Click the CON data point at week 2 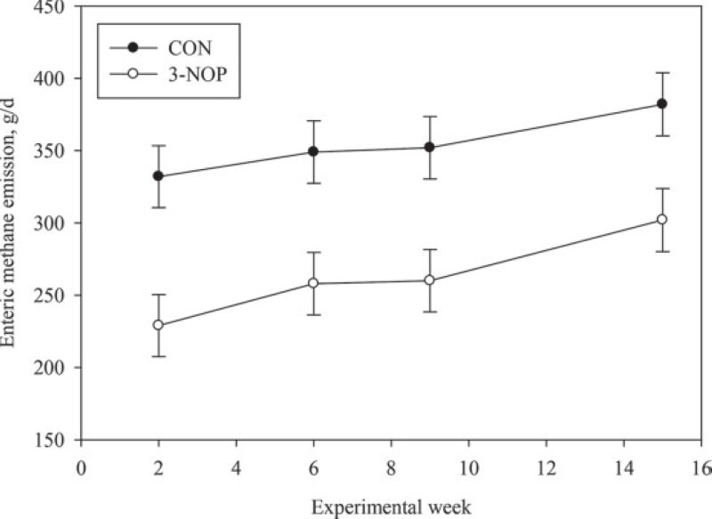(158, 176)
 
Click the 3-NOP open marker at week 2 (158, 325)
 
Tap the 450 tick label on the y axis (59, 7)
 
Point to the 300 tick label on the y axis (59, 223)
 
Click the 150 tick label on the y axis (59, 440)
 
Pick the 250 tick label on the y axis (59, 296)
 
